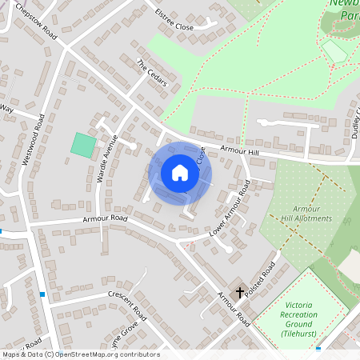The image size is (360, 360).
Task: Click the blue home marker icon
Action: pos(180,173)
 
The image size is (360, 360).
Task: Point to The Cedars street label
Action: pos(150,74)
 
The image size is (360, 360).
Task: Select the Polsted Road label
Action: pos(261,279)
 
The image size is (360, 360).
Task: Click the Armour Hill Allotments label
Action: pos(306,214)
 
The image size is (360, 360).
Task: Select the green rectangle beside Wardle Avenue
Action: pos(83,145)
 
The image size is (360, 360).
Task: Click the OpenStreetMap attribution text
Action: pos(80,354)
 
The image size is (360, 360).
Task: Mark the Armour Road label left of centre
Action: pos(105,218)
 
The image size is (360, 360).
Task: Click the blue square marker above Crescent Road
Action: pos(42,294)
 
